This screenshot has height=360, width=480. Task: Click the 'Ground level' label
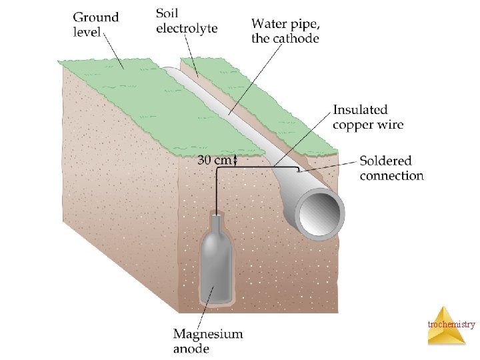(x=96, y=24)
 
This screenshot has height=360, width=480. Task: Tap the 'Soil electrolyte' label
(x=187, y=20)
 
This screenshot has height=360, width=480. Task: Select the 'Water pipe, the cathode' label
(x=285, y=31)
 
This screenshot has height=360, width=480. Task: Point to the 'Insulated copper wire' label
(x=368, y=117)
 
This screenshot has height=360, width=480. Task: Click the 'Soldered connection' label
(x=391, y=168)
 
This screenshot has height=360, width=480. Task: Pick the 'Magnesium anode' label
(x=208, y=341)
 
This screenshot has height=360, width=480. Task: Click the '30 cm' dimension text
(x=213, y=160)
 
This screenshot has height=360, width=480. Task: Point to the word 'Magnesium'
(x=208, y=334)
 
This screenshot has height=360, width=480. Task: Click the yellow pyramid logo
(x=446, y=326)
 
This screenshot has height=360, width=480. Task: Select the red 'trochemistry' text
(x=451, y=325)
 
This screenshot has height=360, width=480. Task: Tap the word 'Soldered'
(x=385, y=161)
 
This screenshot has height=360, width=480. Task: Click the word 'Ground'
(x=96, y=17)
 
